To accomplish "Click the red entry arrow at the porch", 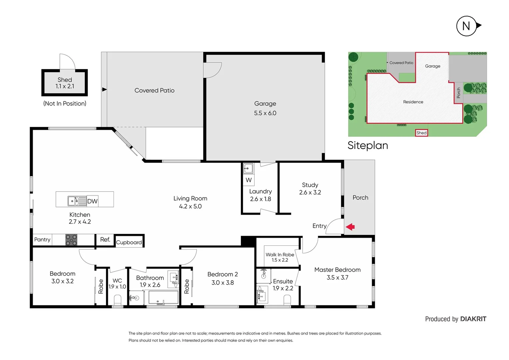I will click(350, 227).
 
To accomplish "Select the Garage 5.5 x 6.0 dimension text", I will click(265, 113).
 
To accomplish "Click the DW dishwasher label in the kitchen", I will click(92, 201).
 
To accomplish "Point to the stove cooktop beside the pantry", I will click(71, 240).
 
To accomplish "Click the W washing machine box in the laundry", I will click(249, 180).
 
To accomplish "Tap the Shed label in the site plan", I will click(421, 133).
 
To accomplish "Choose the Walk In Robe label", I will click(280, 254).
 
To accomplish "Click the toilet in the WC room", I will click(118, 300).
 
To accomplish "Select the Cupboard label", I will click(129, 242).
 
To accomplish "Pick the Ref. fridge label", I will click(105, 239).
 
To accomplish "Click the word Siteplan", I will click(368, 145).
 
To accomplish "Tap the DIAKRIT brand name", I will click(473, 319).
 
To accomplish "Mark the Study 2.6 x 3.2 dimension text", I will click(310, 192).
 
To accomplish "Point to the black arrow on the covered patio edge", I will click(104, 89).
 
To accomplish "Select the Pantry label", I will click(42, 239).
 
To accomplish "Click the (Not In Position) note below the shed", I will click(65, 103).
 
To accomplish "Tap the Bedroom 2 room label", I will click(223, 274).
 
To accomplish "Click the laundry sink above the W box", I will click(248, 168).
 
